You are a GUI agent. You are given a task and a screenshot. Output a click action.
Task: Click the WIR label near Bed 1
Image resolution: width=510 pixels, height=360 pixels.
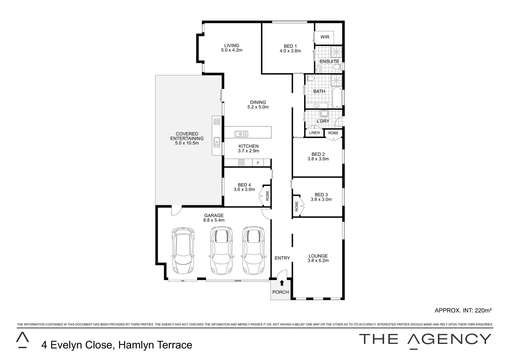pos(325,37)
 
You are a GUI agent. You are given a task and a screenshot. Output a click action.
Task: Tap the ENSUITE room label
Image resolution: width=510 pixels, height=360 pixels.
pos(329,61)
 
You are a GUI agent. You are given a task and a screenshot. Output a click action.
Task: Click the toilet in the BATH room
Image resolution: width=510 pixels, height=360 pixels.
pos(310,79)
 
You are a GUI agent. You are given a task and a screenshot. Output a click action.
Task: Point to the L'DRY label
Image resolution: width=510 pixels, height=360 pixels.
pos(323,121)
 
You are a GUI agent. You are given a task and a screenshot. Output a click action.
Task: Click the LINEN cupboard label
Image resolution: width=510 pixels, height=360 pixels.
pos(314,133)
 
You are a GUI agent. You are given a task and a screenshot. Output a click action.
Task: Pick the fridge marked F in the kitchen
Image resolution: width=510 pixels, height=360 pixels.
pos(258,163)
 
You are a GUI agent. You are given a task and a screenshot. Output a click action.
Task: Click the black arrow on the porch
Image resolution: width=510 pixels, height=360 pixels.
pos(282,283)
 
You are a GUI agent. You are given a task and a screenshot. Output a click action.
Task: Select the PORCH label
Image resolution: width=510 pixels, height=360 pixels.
pos(281,292)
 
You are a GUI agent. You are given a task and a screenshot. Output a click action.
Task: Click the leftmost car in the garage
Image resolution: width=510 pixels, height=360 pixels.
pos(182,250)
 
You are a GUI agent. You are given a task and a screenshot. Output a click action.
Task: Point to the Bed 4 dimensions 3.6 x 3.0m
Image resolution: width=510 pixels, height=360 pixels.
pos(244,190)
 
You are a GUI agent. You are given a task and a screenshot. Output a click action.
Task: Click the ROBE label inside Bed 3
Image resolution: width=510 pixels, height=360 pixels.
pos(297,206)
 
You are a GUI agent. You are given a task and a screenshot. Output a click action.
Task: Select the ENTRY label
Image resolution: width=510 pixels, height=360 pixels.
pos(282,258)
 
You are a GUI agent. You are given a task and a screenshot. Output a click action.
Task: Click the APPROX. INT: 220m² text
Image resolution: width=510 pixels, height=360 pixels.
pos(463,310)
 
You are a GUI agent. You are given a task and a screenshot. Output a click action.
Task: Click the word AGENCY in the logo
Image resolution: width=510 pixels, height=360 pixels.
pos(449,339)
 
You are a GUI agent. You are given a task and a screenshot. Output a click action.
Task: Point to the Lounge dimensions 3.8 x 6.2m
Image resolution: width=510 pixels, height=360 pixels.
pos(318,261)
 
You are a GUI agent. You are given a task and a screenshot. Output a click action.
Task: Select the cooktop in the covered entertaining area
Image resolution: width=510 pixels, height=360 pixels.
pos(216,122)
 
